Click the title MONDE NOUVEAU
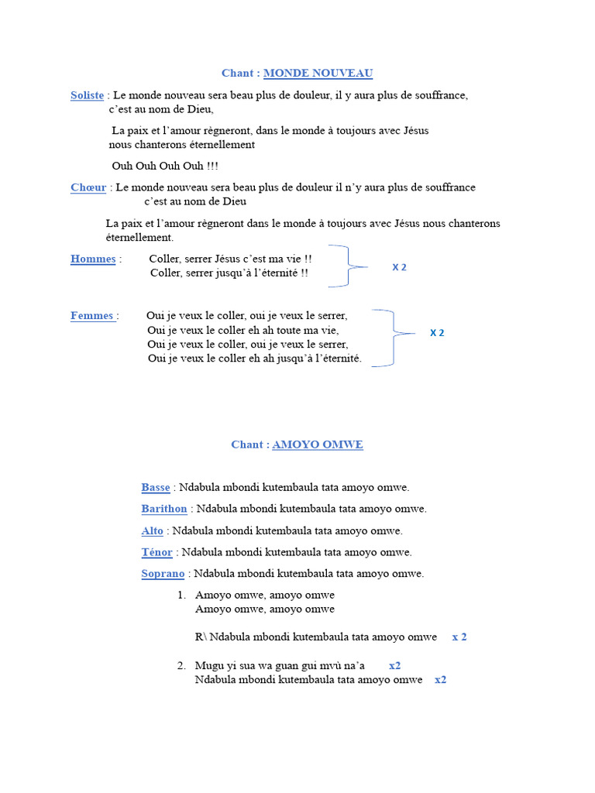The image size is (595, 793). point(318,74)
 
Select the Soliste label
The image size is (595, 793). point(87,95)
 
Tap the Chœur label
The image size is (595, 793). point(88,187)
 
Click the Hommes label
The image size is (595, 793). point(93,259)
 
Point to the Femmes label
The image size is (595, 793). point(93,316)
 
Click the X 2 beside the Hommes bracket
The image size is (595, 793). point(399,267)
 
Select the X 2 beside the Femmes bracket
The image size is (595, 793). point(437,333)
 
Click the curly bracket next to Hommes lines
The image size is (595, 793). point(347,266)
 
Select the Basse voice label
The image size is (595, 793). point(156,488)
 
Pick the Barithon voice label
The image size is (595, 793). point(164,509)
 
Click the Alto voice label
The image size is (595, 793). point(153,531)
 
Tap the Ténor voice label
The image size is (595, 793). point(157,553)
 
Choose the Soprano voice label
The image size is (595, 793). point(163,574)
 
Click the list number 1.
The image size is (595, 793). point(181,596)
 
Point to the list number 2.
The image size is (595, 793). point(181,666)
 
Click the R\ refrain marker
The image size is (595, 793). point(201,637)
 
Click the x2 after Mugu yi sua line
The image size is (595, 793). point(394,666)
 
